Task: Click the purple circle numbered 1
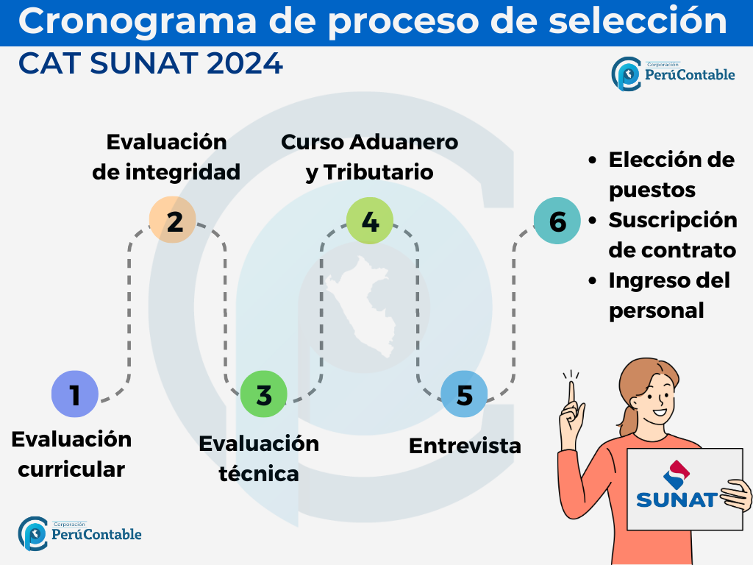75,394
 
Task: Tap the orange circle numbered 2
172,219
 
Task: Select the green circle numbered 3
264,394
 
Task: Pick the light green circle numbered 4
370,221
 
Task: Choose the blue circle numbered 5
464,394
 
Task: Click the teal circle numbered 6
557,221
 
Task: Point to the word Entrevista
465,446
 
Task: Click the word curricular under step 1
71,469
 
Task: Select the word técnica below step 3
259,474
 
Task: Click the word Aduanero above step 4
404,142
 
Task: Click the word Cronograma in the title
138,21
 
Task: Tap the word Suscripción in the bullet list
673,221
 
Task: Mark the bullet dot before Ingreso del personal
593,281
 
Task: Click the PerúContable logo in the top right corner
673,74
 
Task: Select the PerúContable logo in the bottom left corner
79,533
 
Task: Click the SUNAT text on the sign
677,500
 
